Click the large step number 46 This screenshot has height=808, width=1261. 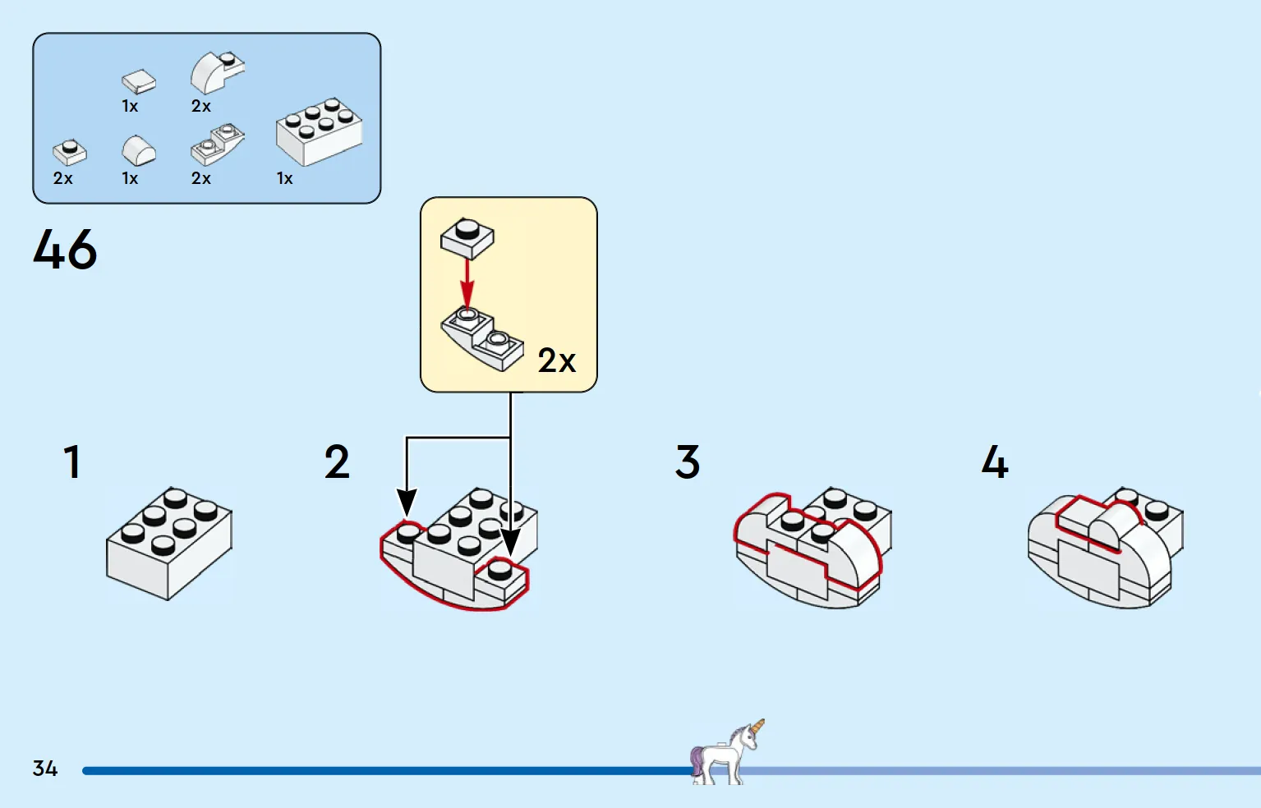pos(65,250)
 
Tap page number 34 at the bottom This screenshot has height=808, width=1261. pos(45,769)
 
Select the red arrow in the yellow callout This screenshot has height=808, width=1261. pos(467,282)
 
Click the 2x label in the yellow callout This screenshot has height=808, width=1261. pos(556,360)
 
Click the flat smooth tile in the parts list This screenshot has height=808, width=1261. pos(138,80)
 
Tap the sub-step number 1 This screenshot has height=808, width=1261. pos(72,462)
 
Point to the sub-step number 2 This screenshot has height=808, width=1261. pos(337,462)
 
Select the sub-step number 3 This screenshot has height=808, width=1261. pos(688,462)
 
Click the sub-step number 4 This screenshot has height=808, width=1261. pos(994,462)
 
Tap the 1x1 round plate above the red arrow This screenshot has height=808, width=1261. pos(467,237)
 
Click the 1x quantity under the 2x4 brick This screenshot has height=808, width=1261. pos(284,178)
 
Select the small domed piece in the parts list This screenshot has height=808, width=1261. pos(138,151)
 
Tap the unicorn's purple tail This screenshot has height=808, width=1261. pos(697,760)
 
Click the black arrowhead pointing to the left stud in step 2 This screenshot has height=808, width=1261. pos(407,502)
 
